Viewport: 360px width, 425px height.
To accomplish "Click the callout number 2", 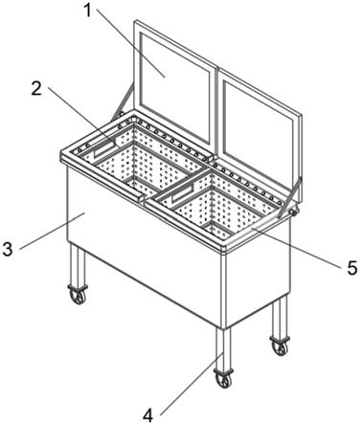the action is click(x=36, y=89).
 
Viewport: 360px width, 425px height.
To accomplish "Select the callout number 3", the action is click(x=8, y=249).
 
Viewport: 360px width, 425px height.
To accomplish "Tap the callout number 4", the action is click(x=148, y=415).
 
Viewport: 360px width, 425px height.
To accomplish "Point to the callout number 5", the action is click(x=352, y=267).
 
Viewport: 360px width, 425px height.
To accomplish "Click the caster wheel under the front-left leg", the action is click(x=78, y=296).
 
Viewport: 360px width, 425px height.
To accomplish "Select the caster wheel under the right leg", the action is click(x=280, y=346).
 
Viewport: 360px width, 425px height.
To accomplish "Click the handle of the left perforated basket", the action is click(x=104, y=149).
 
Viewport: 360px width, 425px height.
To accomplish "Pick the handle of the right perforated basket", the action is click(x=183, y=194).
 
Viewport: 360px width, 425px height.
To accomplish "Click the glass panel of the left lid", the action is click(x=174, y=88).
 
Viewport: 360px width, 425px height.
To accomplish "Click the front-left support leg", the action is click(x=78, y=265).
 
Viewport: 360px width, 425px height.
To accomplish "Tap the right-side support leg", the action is click(x=280, y=316).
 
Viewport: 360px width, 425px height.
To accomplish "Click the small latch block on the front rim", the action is click(x=142, y=198).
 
